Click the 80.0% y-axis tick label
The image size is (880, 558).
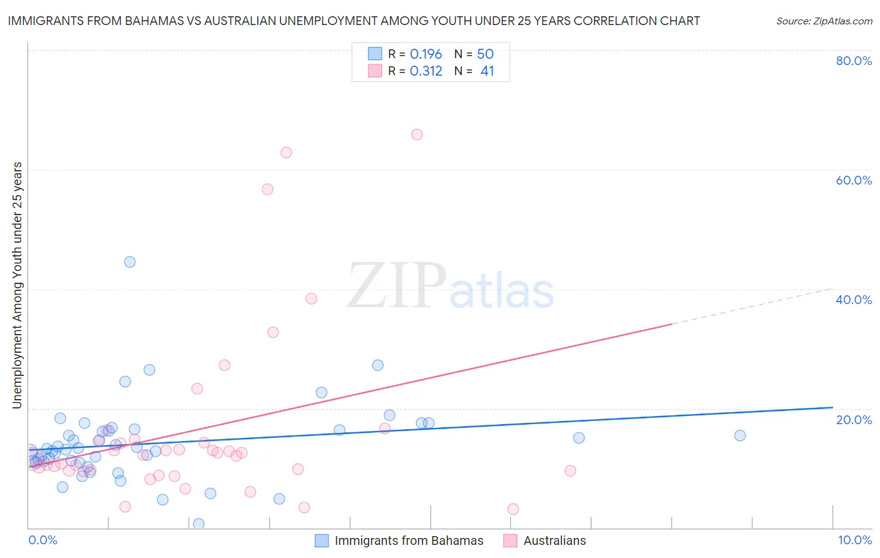854,61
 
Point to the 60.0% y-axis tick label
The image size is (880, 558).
854,180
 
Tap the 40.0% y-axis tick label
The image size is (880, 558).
854,300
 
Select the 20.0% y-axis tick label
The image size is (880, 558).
854,419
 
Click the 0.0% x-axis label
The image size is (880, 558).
43,540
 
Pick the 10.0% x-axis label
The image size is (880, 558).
854,540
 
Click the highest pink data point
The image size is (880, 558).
417,134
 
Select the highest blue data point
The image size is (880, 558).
130,262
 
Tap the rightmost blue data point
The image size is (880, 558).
740,435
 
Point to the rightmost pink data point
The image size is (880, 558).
570,470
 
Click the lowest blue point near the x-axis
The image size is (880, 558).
198,524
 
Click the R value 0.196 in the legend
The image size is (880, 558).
426,54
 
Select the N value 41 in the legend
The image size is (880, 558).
487,71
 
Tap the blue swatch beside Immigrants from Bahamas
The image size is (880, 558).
322,540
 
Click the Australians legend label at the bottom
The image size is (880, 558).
555,540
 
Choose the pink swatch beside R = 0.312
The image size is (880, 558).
375,71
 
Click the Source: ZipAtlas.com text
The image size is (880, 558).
824,21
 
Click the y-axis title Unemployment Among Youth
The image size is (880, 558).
18,285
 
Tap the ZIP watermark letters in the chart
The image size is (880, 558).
397,287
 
